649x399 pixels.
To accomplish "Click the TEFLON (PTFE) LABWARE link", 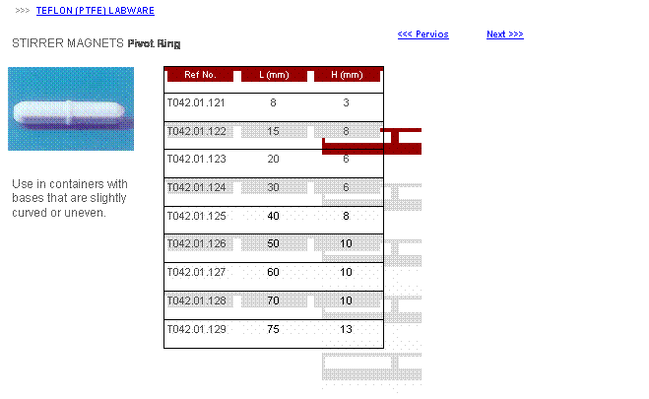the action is coord(96,11).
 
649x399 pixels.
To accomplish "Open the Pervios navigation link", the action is coord(423,34).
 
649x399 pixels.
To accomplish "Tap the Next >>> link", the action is coord(505,34).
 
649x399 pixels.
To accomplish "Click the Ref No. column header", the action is coord(200,75).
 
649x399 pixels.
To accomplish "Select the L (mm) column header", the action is coord(274,75).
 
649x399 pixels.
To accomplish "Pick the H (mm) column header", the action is coord(347,75).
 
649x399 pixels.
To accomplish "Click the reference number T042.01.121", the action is coord(196,102).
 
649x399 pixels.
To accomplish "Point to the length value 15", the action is coord(273,131).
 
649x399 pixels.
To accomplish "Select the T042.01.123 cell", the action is coord(197,159).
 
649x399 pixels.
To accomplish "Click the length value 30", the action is coord(273,187).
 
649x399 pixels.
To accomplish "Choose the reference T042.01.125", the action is coord(197,216).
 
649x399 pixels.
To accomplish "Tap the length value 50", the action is coord(273,243).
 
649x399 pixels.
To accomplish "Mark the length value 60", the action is coord(273,272).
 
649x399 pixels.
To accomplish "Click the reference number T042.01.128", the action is coord(197,300).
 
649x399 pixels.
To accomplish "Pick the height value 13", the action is coord(346,329).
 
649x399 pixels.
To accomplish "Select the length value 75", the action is coord(273,329).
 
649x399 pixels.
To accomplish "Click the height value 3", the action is coord(346,102).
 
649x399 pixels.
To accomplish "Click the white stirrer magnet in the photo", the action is coord(69,113).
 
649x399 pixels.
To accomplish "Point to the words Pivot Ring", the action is coord(154,44).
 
